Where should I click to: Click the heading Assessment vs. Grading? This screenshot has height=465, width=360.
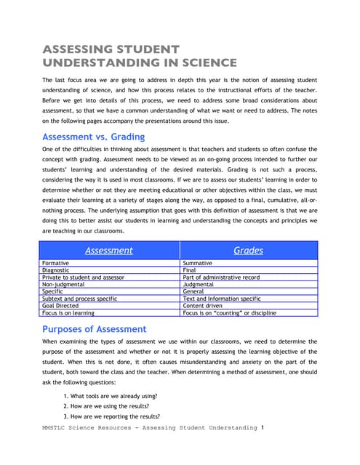93,137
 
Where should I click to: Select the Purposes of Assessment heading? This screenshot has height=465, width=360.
95,328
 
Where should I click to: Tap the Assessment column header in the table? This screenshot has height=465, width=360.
109,250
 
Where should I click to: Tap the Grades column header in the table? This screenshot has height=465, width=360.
248,250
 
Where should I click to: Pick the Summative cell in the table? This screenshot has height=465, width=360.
198,263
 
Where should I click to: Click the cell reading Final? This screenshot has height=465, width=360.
190,270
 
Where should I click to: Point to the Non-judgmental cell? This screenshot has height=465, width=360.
65,285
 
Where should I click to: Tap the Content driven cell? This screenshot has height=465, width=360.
204,306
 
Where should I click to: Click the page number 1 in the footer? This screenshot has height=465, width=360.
262,428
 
